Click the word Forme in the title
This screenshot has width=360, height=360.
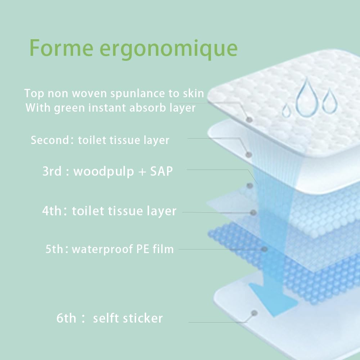pyautogui.click(x=61, y=48)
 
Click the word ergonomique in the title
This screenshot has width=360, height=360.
pyautogui.click(x=168, y=50)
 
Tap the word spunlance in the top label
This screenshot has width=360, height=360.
pyautogui.click(x=138, y=94)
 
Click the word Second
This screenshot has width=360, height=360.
pyautogui.click(x=50, y=140)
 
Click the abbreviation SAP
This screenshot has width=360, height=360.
pyautogui.click(x=161, y=171)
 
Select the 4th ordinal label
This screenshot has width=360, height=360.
pyautogui.click(x=51, y=211)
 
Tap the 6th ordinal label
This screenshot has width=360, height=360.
pyautogui.click(x=66, y=318)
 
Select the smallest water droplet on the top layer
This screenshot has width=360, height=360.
pyautogui.click(x=286, y=110)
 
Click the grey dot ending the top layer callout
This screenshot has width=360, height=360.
pyautogui.click(x=249, y=120)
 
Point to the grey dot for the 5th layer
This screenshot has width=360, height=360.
pyautogui.click(x=264, y=249)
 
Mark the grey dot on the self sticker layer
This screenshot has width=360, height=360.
pyautogui.click(x=254, y=313)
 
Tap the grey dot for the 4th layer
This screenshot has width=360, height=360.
pyautogui.click(x=253, y=212)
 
